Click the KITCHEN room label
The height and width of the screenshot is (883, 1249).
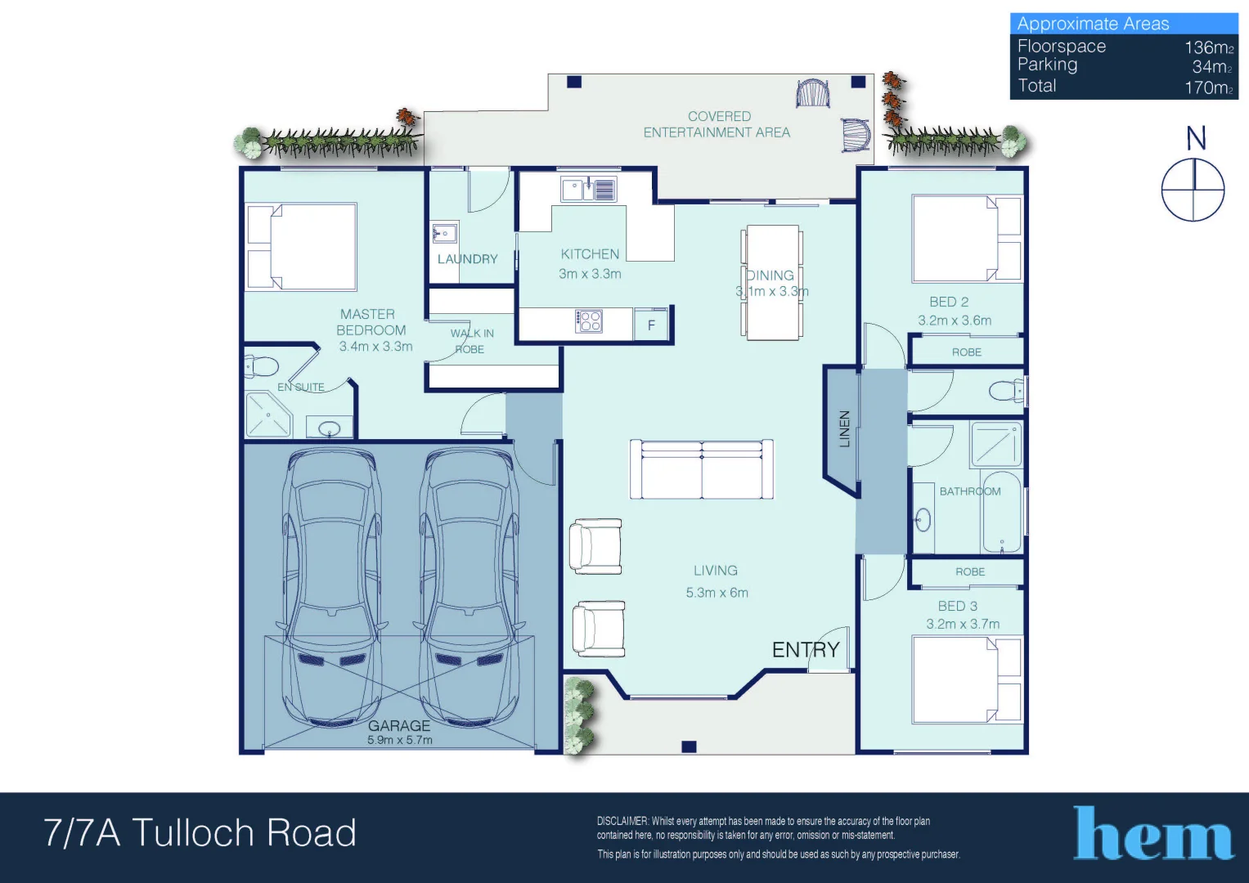coord(590,254)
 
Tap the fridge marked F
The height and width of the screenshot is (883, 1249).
coord(651,325)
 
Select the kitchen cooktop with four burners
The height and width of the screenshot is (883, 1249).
coord(589,321)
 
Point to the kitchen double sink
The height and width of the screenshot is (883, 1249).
coord(588,190)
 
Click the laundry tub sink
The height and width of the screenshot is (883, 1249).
coord(444,234)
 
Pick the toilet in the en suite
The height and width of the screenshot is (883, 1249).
coord(261,366)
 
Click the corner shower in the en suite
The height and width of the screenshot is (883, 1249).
coord(267,415)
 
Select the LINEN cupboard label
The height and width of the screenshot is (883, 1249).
coord(844,428)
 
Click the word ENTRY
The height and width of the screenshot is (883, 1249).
coord(806,650)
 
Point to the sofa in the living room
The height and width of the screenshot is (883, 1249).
coord(702,469)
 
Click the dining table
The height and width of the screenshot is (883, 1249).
coord(772,282)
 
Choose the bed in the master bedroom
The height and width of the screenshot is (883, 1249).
coord(303,247)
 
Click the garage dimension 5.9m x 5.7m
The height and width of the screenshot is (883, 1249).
coord(400,740)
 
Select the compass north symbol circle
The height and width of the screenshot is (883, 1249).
coord(1193,190)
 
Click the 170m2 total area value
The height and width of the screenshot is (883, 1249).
coord(1208,87)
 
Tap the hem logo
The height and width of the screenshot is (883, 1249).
coord(1153,834)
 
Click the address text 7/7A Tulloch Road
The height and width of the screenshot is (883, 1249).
coord(200,833)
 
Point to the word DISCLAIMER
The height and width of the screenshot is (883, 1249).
coord(622,821)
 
